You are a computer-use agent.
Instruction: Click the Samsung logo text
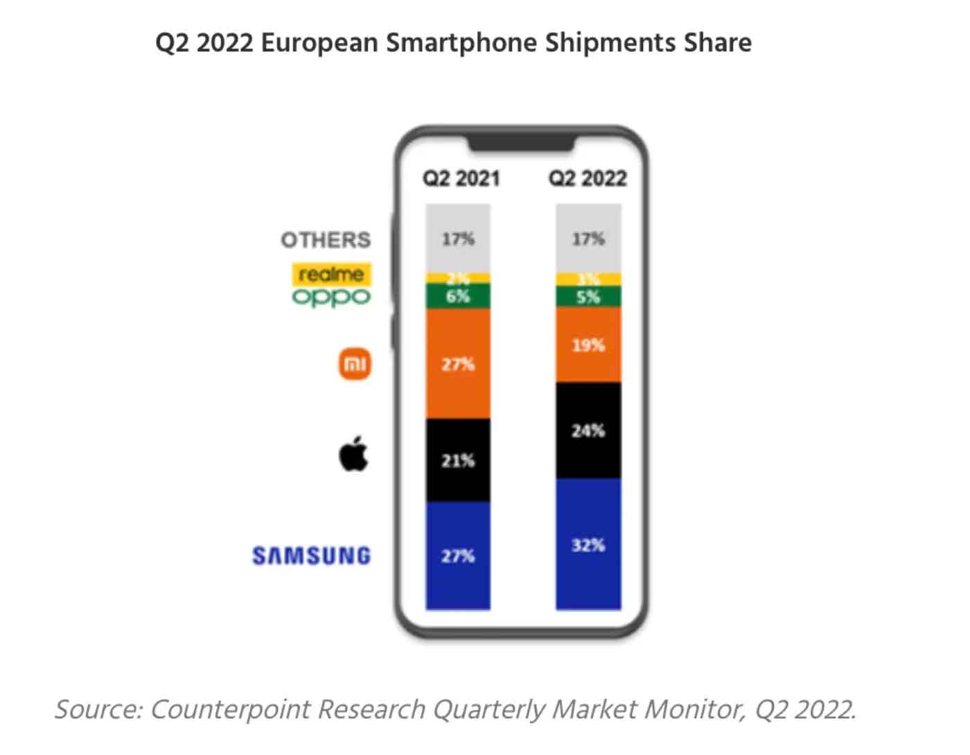pos(311,556)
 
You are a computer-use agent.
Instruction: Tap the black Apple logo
pos(353,453)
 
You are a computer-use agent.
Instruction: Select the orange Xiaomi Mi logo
pos(355,364)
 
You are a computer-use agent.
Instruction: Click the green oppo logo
pos(331,297)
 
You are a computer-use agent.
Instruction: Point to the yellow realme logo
pos(331,275)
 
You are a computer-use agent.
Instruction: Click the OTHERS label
pos(326,240)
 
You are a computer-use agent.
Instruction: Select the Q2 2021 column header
pos(461,178)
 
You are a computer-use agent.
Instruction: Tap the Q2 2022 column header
pos(588,178)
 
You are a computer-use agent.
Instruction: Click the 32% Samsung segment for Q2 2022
pos(588,544)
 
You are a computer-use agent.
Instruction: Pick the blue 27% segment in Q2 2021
pos(458,556)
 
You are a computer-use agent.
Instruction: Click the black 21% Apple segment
pos(458,460)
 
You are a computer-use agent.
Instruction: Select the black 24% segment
pos(588,431)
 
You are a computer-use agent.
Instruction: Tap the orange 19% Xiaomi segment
pos(588,345)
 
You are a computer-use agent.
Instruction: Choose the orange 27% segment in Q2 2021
pos(458,364)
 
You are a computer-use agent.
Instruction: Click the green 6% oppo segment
pos(458,297)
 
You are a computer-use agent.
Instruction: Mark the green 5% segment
pos(588,297)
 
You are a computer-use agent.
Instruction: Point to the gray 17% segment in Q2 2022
pos(588,238)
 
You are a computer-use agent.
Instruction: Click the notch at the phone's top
pos(521,144)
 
